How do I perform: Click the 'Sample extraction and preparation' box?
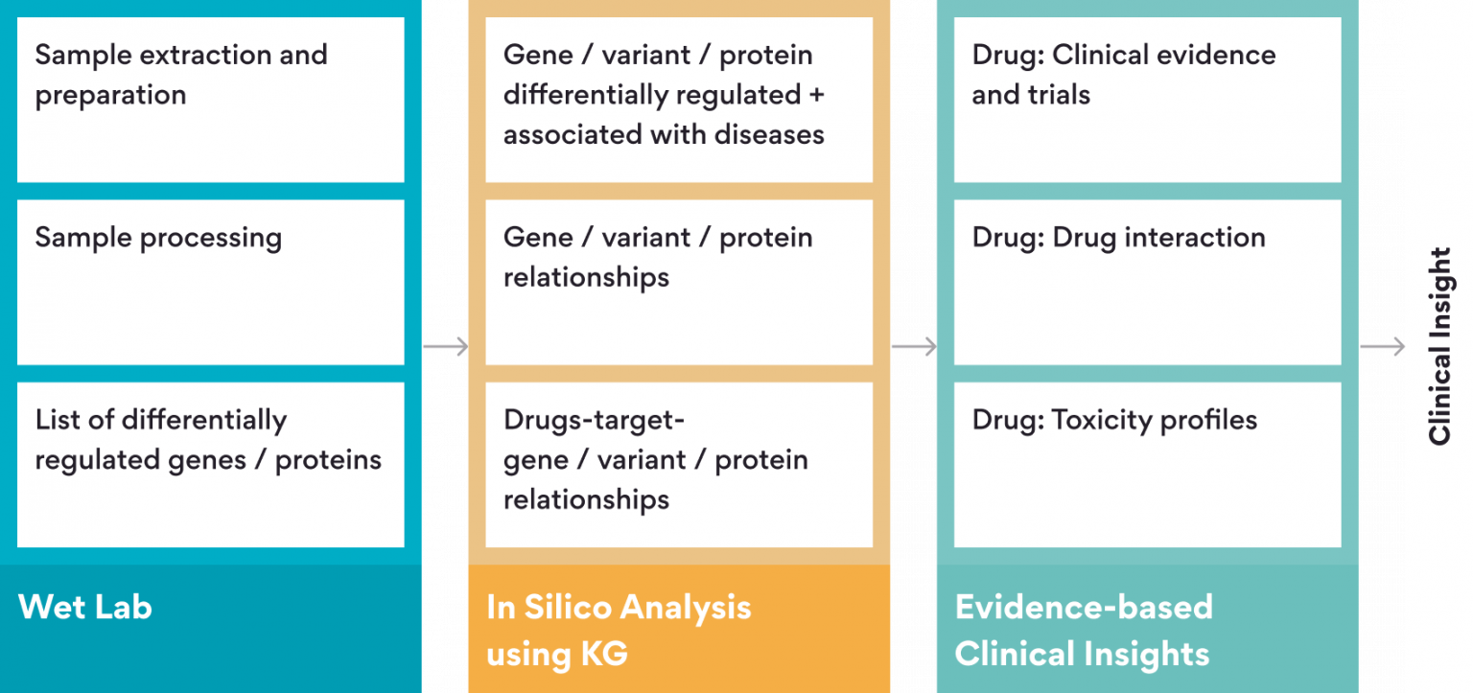(210, 99)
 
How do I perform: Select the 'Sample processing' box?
(210, 282)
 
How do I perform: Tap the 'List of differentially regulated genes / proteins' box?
(210, 464)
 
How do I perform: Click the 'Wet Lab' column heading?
(85, 607)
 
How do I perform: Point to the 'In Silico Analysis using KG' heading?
(619, 630)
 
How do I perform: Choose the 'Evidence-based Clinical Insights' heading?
(1084, 630)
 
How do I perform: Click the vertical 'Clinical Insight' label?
(1440, 346)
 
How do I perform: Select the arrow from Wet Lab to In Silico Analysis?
(445, 346)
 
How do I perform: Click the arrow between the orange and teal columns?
(913, 346)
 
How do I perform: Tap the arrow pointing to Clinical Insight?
(1382, 346)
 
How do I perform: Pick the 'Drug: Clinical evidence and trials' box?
(1147, 99)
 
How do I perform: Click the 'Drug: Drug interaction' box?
(1147, 282)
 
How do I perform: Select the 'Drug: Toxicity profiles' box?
(1147, 464)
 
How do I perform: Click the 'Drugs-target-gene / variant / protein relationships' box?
(679, 464)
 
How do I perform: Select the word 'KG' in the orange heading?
(603, 654)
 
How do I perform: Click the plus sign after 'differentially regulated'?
(816, 95)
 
